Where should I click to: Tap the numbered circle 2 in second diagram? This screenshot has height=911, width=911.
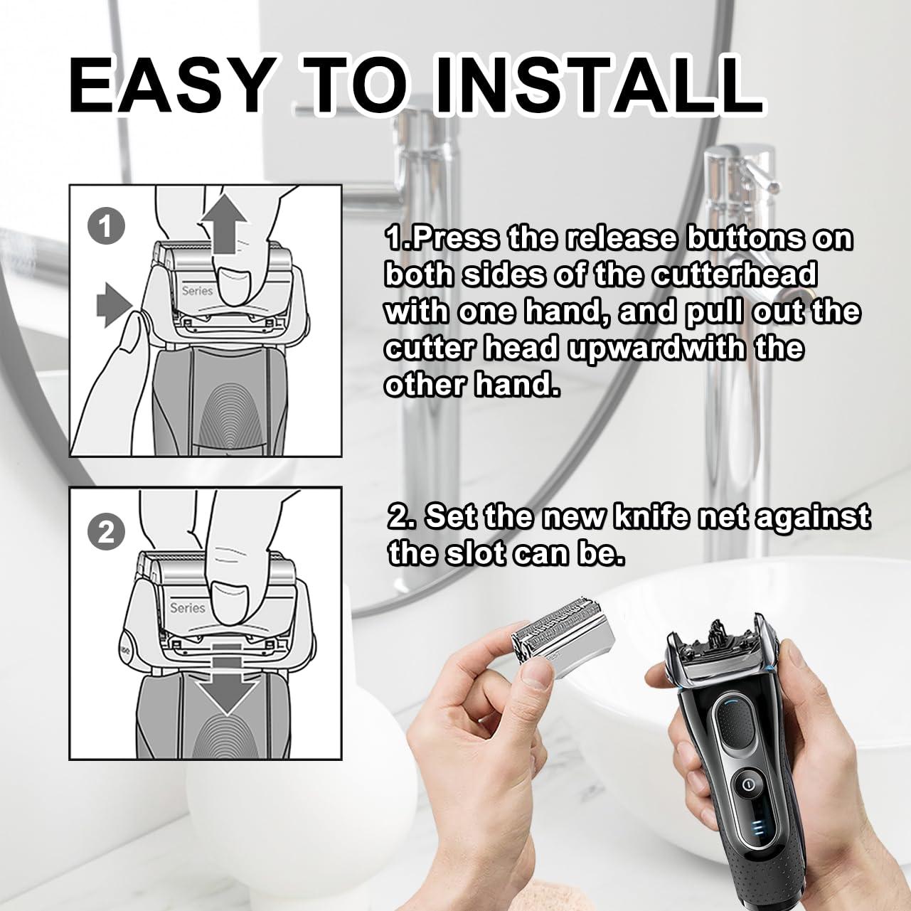pyautogui.click(x=107, y=533)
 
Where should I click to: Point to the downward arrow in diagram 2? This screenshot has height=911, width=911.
pyautogui.click(x=226, y=677)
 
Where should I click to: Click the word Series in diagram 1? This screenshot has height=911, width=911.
pyautogui.click(x=197, y=290)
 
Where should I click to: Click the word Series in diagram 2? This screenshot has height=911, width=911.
pyautogui.click(x=188, y=607)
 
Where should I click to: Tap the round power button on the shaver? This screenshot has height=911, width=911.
pyautogui.click(x=747, y=786)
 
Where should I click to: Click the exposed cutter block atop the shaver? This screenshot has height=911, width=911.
pyautogui.click(x=721, y=635)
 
